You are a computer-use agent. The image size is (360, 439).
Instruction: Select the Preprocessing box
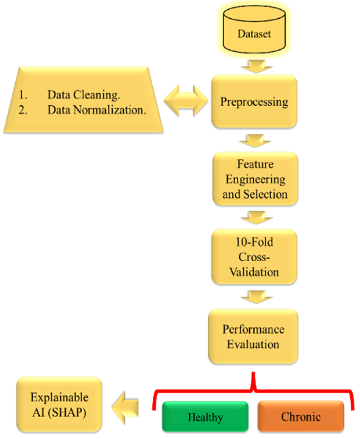pos(254,101)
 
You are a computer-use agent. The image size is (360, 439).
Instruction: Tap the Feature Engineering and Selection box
pos(255,179)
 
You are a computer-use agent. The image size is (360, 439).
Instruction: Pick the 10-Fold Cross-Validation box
pos(254,257)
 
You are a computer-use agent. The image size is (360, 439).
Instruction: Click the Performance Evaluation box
pos(253,337)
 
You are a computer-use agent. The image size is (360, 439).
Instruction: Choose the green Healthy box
pos(205,416)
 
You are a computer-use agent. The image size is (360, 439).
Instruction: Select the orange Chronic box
pos(301,416)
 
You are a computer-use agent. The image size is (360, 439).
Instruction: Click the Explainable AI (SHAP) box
pos(59,405)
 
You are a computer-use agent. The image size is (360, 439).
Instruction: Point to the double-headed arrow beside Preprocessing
pos(186,100)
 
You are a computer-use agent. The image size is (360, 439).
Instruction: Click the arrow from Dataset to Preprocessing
pos(256,66)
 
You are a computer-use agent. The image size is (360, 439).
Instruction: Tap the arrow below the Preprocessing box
pos(255,141)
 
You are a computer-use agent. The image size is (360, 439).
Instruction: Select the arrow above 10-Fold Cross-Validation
pos(257,217)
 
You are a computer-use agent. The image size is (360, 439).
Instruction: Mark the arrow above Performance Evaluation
pos(256,297)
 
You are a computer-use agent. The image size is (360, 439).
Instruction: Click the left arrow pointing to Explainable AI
pos(125,408)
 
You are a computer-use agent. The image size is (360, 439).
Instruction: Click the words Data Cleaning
pos(84,94)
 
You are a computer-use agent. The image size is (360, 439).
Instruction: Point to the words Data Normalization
pos(97,110)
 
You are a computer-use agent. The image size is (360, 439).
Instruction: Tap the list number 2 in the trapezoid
pos(23,110)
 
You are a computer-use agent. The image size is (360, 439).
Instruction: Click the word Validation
pos(254,272)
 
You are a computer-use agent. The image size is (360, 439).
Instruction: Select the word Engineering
pos(255,180)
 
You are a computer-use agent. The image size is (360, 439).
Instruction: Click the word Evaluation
pos(253,344)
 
